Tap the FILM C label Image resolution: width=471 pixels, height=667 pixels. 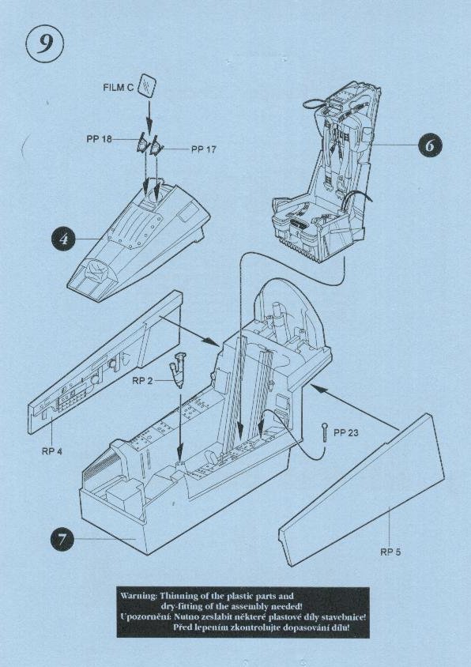[x=119, y=88]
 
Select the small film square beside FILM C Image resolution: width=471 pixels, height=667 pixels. [x=147, y=85]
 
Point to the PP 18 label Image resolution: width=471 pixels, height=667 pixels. [x=99, y=139]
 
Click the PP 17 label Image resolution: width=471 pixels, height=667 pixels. [x=203, y=149]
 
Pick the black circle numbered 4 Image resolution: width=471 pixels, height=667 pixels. [x=64, y=239]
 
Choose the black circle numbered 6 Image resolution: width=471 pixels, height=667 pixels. [x=429, y=145]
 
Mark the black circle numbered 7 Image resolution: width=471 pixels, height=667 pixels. [x=63, y=540]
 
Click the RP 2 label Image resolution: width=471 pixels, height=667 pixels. [x=142, y=381]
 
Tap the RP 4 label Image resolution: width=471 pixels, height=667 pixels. [x=52, y=451]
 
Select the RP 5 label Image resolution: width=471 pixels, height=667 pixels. [x=390, y=552]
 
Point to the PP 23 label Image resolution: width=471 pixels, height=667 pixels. [x=346, y=433]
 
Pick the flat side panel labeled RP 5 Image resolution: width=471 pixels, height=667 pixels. [x=362, y=489]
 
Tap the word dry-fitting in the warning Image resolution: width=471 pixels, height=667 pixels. [x=179, y=606]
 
